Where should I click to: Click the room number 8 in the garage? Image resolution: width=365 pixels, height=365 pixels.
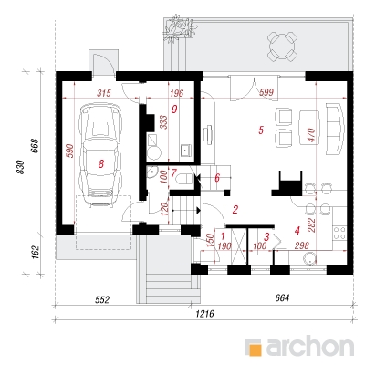[101, 164]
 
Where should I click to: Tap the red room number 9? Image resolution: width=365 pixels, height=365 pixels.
[174, 109]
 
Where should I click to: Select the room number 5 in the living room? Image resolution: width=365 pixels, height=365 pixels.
[261, 130]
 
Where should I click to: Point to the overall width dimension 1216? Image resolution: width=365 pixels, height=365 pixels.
[204, 314]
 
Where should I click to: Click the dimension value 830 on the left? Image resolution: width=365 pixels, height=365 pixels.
[21, 167]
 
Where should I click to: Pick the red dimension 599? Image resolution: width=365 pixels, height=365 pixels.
[266, 92]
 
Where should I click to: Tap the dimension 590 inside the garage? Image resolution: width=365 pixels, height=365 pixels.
[70, 151]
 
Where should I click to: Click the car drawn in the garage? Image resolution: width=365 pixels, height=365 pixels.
[99, 155]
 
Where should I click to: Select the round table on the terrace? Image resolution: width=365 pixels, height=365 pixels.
[282, 47]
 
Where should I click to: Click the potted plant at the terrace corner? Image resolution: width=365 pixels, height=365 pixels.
[177, 28]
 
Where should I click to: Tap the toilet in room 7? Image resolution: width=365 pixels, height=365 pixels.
[184, 178]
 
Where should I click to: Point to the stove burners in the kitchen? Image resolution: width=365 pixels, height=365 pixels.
[339, 233]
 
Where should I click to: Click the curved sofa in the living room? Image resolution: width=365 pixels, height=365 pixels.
[335, 129]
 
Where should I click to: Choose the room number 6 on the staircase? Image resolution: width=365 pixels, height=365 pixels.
[217, 178]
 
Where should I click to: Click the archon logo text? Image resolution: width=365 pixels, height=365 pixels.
[310, 346]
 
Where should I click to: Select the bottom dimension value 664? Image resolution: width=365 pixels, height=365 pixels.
[282, 298]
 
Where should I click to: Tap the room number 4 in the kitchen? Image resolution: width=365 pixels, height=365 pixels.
[297, 231]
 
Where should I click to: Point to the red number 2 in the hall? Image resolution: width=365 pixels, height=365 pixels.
[235, 210]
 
